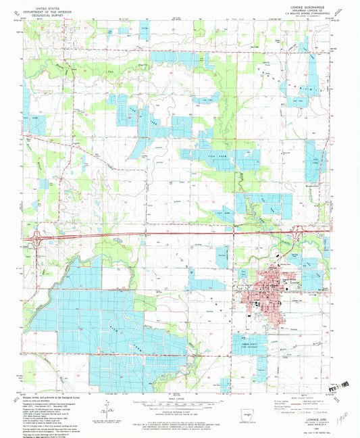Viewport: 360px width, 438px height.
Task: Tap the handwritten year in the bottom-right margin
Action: point(344,412)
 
